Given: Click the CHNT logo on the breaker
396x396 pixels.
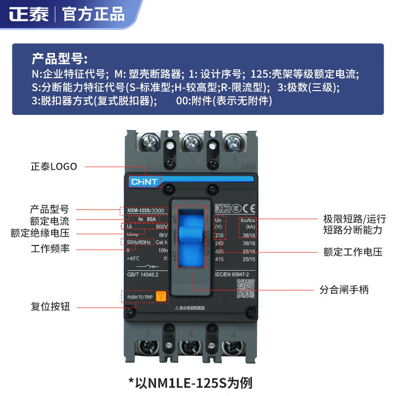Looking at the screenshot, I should [144, 182].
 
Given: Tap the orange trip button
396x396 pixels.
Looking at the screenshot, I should [161, 297].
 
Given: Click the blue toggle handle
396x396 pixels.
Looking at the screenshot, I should [192, 235].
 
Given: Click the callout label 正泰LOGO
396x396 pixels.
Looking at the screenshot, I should [54, 166].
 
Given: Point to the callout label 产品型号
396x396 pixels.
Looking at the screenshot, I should [49, 208].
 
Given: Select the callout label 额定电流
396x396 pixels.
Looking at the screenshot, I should [49, 221].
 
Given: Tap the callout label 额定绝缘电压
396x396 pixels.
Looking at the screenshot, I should [40, 233].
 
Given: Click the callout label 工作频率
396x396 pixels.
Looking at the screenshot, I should [50, 248].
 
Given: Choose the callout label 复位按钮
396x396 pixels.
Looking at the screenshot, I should [50, 306].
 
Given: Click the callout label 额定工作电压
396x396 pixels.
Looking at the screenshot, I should [352, 252].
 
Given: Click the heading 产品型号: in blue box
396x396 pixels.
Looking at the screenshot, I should [59, 59].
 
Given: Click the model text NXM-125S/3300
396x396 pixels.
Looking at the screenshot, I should [146, 210].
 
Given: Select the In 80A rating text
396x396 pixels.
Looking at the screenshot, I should [145, 218].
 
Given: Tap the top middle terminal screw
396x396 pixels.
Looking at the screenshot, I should [191, 144].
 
